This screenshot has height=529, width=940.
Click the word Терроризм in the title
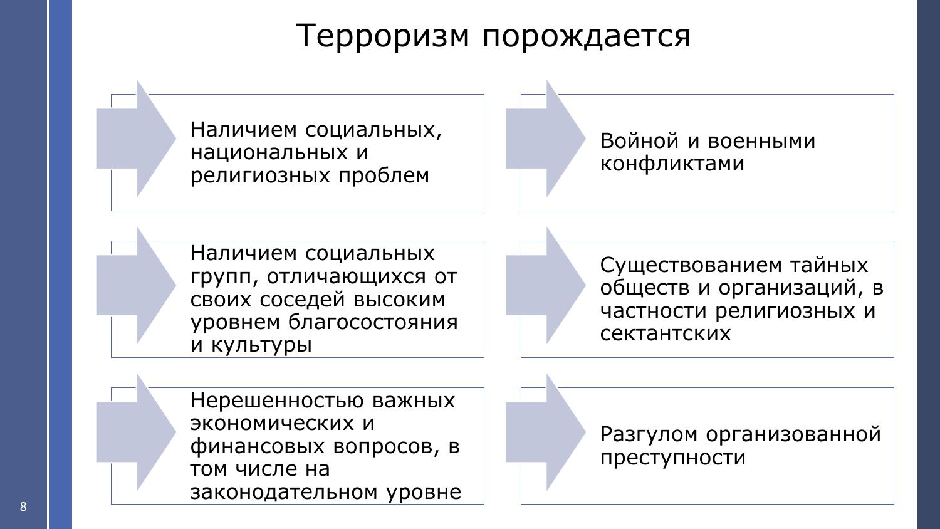click(x=382, y=36)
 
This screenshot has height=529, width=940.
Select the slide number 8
click(x=24, y=506)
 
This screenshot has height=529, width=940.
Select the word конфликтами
click(x=672, y=164)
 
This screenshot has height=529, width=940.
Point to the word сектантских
click(x=666, y=333)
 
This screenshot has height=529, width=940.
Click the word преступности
click(x=673, y=457)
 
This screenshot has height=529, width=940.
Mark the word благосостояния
click(x=373, y=322)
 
